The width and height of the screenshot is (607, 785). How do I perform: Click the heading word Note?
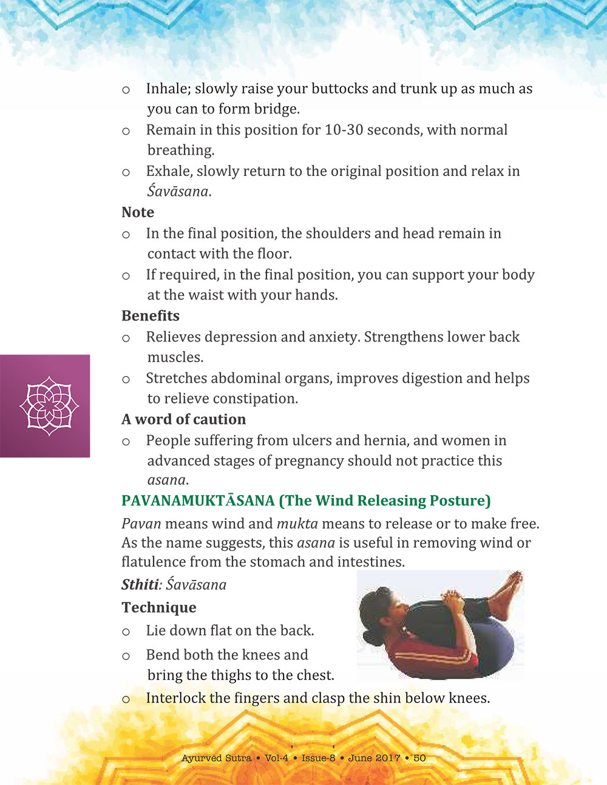tap(138, 212)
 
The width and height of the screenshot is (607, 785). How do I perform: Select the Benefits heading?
tap(151, 316)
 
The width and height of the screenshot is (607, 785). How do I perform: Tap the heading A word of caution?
tap(183, 419)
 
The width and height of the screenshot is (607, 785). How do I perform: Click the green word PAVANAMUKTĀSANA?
tap(198, 501)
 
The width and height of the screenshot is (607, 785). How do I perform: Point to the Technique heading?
tap(159, 608)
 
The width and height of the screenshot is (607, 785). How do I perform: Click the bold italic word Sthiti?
tap(140, 585)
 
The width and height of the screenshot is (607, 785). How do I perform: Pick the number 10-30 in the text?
tap(344, 130)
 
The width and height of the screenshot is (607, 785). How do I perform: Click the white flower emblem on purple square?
tap(49, 405)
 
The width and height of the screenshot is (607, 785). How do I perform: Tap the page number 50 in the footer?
tap(419, 758)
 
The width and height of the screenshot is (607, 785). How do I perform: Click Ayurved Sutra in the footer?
tap(216, 758)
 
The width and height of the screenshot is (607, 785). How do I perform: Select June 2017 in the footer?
tap(374, 758)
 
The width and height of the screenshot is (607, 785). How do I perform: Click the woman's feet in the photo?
tap(507, 591)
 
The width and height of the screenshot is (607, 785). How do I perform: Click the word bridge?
tap(278, 109)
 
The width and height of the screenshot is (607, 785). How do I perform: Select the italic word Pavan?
tap(141, 524)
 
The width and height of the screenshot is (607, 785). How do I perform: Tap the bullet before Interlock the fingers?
tap(126, 699)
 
